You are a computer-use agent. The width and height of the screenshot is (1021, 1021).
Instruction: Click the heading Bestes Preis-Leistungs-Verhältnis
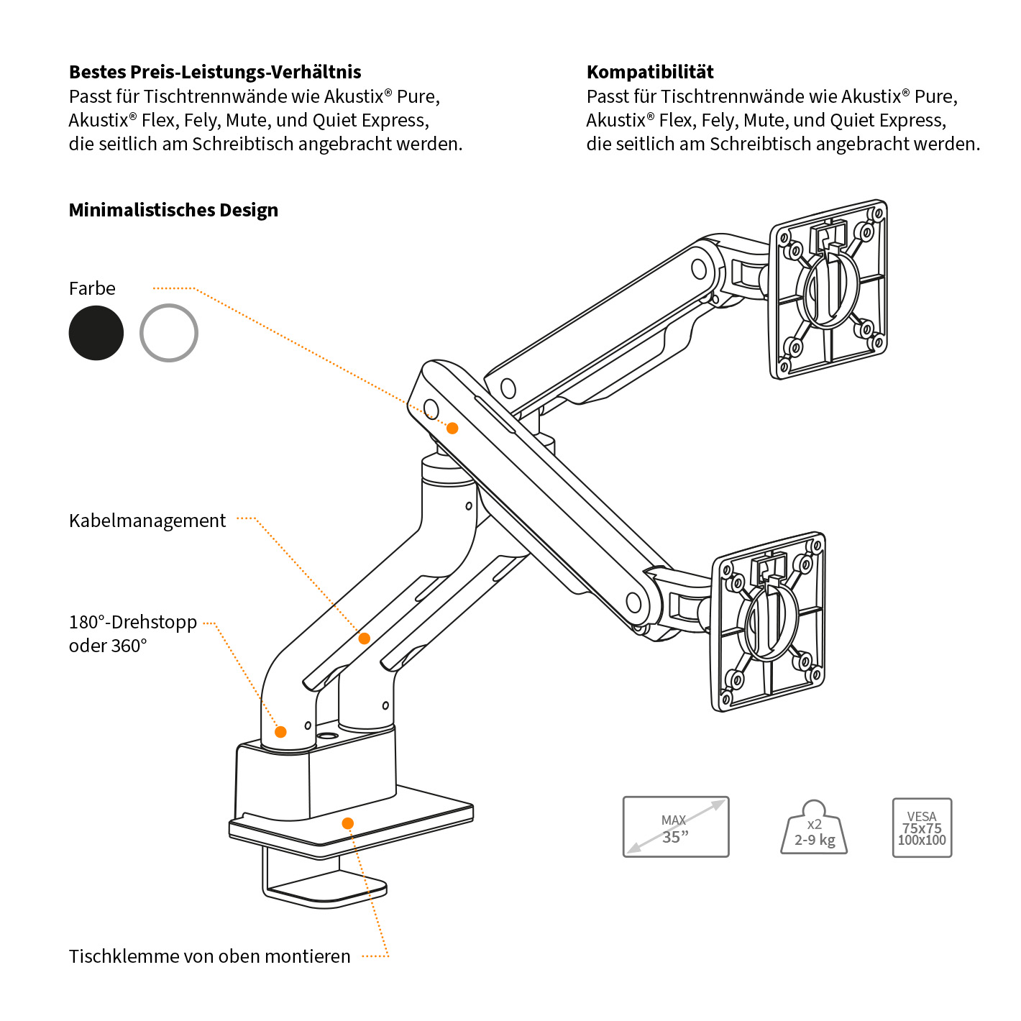click(x=215, y=72)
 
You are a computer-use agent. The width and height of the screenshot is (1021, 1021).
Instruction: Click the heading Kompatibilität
click(x=650, y=72)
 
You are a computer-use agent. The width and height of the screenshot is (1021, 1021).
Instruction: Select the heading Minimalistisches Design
click(x=173, y=210)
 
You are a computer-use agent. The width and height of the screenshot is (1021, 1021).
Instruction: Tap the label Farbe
click(x=92, y=288)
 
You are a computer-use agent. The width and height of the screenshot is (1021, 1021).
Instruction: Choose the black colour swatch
click(x=96, y=333)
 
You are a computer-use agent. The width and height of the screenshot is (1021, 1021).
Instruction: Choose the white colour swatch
click(x=169, y=333)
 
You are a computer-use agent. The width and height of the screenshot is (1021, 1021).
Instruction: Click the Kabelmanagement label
click(x=147, y=521)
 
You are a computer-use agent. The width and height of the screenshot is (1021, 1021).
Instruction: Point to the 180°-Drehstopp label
click(x=133, y=623)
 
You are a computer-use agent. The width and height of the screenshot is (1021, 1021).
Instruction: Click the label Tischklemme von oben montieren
click(x=210, y=956)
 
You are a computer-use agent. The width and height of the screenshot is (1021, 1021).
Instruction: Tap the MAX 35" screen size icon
click(x=676, y=827)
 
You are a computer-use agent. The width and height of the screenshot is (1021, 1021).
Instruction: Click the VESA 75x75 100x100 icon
click(x=922, y=828)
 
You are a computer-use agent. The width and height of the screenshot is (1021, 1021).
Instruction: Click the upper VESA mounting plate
click(x=828, y=289)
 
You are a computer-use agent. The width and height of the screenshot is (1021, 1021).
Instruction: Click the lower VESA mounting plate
click(x=768, y=622)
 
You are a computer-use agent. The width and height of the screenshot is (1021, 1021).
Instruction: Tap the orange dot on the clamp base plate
click(x=348, y=823)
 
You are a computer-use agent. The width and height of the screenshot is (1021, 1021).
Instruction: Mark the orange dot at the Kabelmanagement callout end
click(x=365, y=638)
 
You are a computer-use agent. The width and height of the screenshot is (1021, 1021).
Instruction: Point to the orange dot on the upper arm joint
click(x=452, y=428)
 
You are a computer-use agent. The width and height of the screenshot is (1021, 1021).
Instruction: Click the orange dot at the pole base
click(x=281, y=732)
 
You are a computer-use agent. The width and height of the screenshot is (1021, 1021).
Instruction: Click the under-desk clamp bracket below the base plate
click(x=324, y=881)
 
